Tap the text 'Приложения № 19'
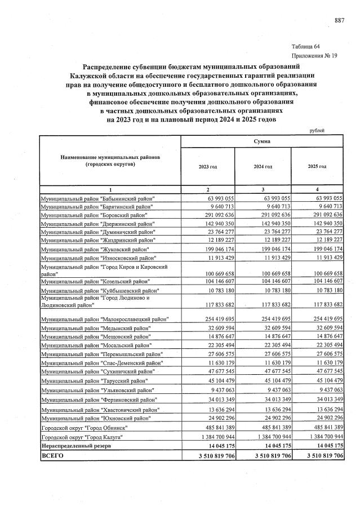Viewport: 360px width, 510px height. [314, 56]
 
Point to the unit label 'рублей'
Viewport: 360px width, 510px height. [317, 131]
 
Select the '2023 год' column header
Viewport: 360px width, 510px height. [207, 167]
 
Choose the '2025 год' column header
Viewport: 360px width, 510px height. [317, 167]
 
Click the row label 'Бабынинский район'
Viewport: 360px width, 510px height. [98, 199]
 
